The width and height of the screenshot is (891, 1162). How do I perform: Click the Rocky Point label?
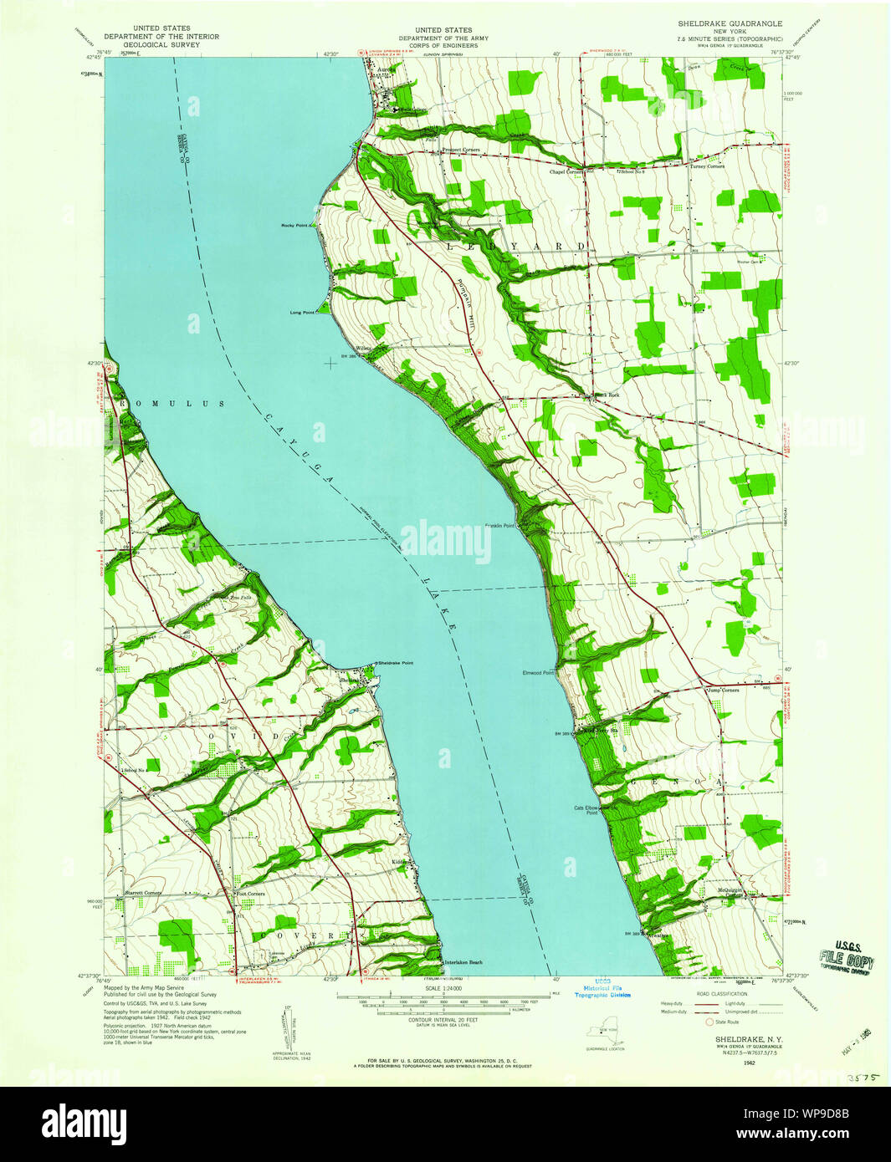pyautogui.click(x=296, y=226)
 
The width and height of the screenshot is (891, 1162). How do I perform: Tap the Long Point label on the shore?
pyautogui.click(x=302, y=313)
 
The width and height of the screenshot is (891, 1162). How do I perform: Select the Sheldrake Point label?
pyautogui.click(x=395, y=663)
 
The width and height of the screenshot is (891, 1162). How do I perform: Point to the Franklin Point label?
pyautogui.click(x=499, y=526)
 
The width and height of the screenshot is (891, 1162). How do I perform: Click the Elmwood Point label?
pyautogui.click(x=538, y=672)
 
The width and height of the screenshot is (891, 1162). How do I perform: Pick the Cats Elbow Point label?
pyautogui.click(x=586, y=810)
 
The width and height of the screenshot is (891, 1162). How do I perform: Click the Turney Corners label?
pyautogui.click(x=707, y=166)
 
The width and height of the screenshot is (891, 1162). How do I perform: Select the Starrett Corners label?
pyautogui.click(x=143, y=893)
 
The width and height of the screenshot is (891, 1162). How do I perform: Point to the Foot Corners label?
pyautogui.click(x=250, y=894)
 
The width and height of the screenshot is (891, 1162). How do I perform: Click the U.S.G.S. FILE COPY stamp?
pyautogui.click(x=847, y=956)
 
